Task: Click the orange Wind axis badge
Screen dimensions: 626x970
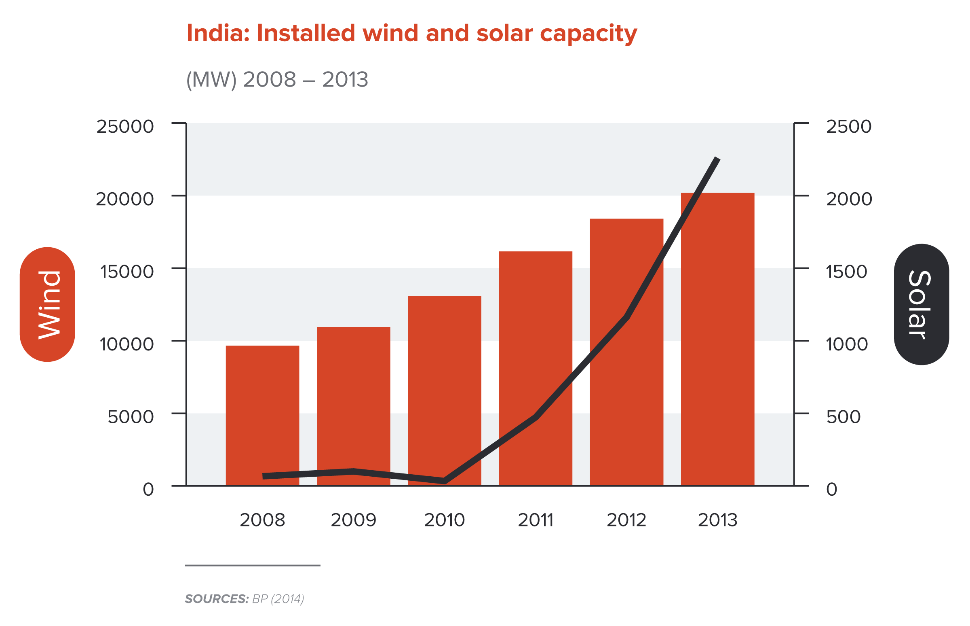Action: (47, 304)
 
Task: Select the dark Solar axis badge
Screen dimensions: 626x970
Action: (921, 304)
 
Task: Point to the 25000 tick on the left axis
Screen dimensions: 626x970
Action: (124, 126)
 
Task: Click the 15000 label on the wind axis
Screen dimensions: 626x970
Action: (127, 272)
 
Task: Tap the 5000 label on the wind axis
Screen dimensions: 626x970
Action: (130, 417)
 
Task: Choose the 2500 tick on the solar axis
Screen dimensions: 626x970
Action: (849, 126)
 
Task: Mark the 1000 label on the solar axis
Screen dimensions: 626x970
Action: (847, 344)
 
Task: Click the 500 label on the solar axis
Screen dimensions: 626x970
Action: (843, 417)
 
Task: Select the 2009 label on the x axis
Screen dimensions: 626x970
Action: (353, 520)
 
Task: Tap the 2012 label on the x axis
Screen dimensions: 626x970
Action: (626, 520)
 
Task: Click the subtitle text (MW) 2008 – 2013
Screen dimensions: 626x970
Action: (277, 79)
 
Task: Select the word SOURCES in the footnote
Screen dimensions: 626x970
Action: (216, 599)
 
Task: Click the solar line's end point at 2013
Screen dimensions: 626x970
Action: (717, 159)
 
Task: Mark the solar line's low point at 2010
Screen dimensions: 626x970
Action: (444, 481)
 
